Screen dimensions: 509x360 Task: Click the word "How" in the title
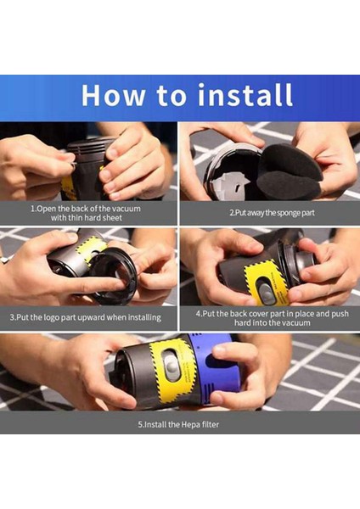(115, 94)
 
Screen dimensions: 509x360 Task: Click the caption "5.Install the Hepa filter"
(179, 424)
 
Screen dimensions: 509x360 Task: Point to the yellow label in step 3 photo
(90, 249)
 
